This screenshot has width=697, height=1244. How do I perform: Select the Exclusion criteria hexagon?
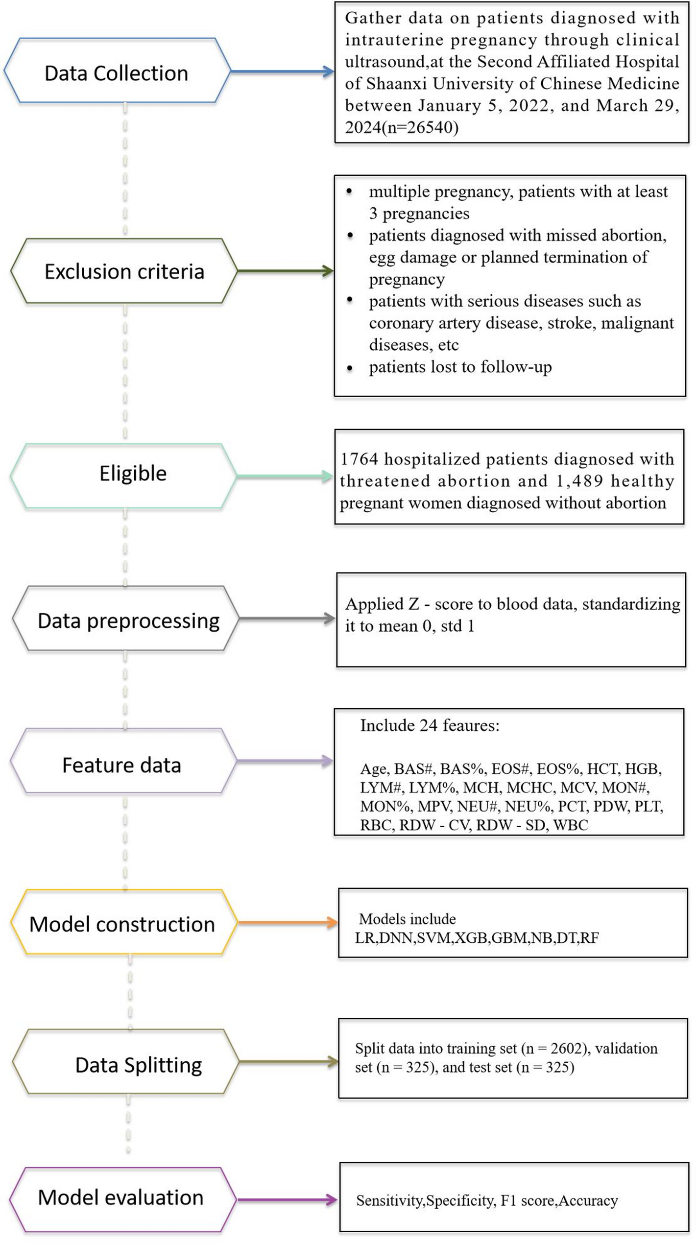tap(124, 271)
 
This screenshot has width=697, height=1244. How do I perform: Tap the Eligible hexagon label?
tap(133, 474)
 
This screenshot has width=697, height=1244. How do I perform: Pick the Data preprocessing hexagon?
tap(125, 618)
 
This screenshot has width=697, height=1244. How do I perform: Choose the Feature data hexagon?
tap(123, 761)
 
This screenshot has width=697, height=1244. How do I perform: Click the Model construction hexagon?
tap(124, 922)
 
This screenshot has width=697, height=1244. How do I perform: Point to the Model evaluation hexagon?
tap(123, 1199)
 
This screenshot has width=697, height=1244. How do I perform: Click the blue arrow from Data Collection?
tap(282, 72)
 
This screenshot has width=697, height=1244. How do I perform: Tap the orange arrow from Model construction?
tap(288, 923)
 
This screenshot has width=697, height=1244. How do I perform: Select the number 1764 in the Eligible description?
tap(360, 459)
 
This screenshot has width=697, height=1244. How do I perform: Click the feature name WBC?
tap(571, 825)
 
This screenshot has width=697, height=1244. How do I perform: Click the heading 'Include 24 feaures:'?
tap(430, 725)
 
